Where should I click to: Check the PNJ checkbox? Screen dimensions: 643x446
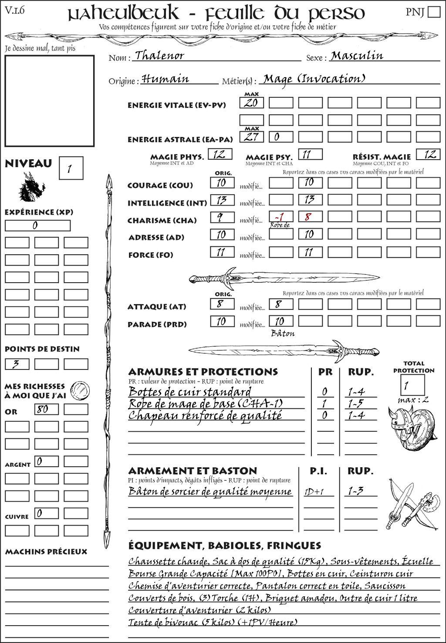[434, 11]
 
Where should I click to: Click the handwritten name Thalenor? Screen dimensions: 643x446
[159, 56]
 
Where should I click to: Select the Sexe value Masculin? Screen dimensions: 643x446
[357, 56]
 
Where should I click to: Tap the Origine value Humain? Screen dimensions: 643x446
[166, 79]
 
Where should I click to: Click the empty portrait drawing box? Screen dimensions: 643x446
[49, 101]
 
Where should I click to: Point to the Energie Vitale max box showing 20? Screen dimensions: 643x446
[251, 103]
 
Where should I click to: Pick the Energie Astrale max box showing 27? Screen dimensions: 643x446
[251, 137]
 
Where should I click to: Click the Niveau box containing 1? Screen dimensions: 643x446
[71, 168]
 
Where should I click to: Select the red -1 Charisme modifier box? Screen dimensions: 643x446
[280, 217]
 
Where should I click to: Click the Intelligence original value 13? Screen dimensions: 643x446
[222, 200]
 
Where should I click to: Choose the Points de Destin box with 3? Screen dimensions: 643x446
[17, 364]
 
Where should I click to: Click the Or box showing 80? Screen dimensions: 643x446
[47, 409]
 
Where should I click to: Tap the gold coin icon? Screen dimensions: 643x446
[81, 390]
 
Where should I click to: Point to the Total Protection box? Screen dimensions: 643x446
[412, 385]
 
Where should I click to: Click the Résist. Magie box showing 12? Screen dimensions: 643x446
[428, 154]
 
